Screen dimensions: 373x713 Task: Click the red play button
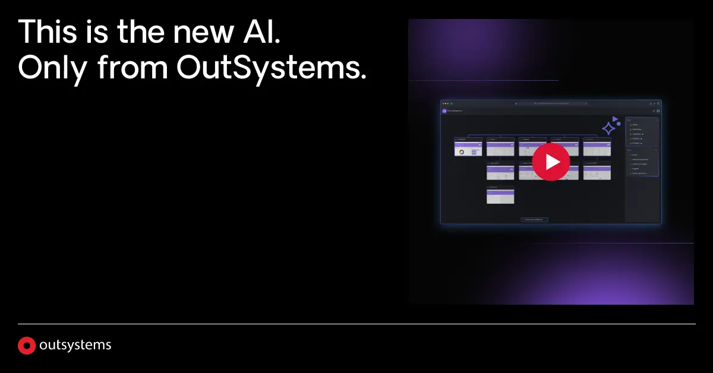coord(551,161)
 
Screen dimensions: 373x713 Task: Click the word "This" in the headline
coord(46,32)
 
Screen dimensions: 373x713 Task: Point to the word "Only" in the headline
coord(51,69)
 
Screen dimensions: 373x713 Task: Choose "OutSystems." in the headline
coord(271,69)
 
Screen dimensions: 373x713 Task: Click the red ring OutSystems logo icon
coord(27,345)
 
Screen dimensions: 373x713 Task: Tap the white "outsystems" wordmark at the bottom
coord(75,345)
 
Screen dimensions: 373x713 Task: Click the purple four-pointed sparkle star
coord(609,127)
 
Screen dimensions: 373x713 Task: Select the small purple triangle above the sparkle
coord(616,119)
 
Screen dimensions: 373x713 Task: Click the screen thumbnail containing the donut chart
coord(468,147)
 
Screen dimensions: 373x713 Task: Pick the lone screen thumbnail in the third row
coord(500,195)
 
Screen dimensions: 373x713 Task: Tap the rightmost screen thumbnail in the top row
coord(597,147)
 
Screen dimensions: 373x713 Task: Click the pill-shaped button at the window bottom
coord(534,220)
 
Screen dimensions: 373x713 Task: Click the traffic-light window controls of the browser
coord(446,103)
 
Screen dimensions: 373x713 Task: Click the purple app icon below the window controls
coord(444,110)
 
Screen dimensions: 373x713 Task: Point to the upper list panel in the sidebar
coord(642,131)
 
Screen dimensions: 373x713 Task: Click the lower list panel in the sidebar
coord(642,162)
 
